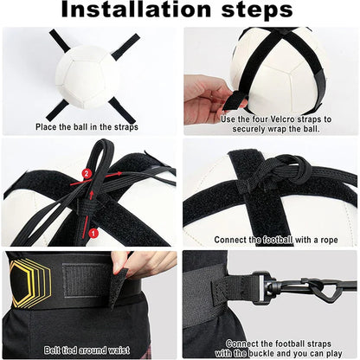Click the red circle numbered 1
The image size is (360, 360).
(93, 232)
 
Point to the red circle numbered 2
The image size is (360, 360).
(86, 173)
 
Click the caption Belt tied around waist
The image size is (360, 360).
(89, 350)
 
